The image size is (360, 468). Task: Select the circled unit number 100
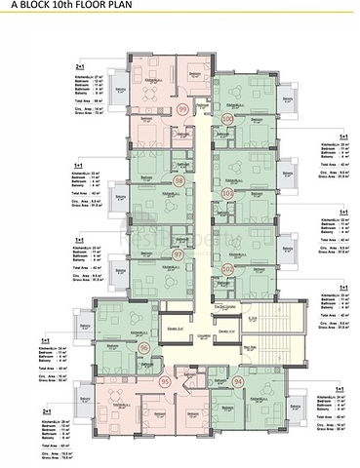[226, 117]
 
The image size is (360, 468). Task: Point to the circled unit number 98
[179, 181]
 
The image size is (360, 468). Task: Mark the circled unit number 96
[144, 346]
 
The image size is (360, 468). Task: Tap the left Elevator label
[174, 332]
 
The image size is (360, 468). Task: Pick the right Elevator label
[224, 332]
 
